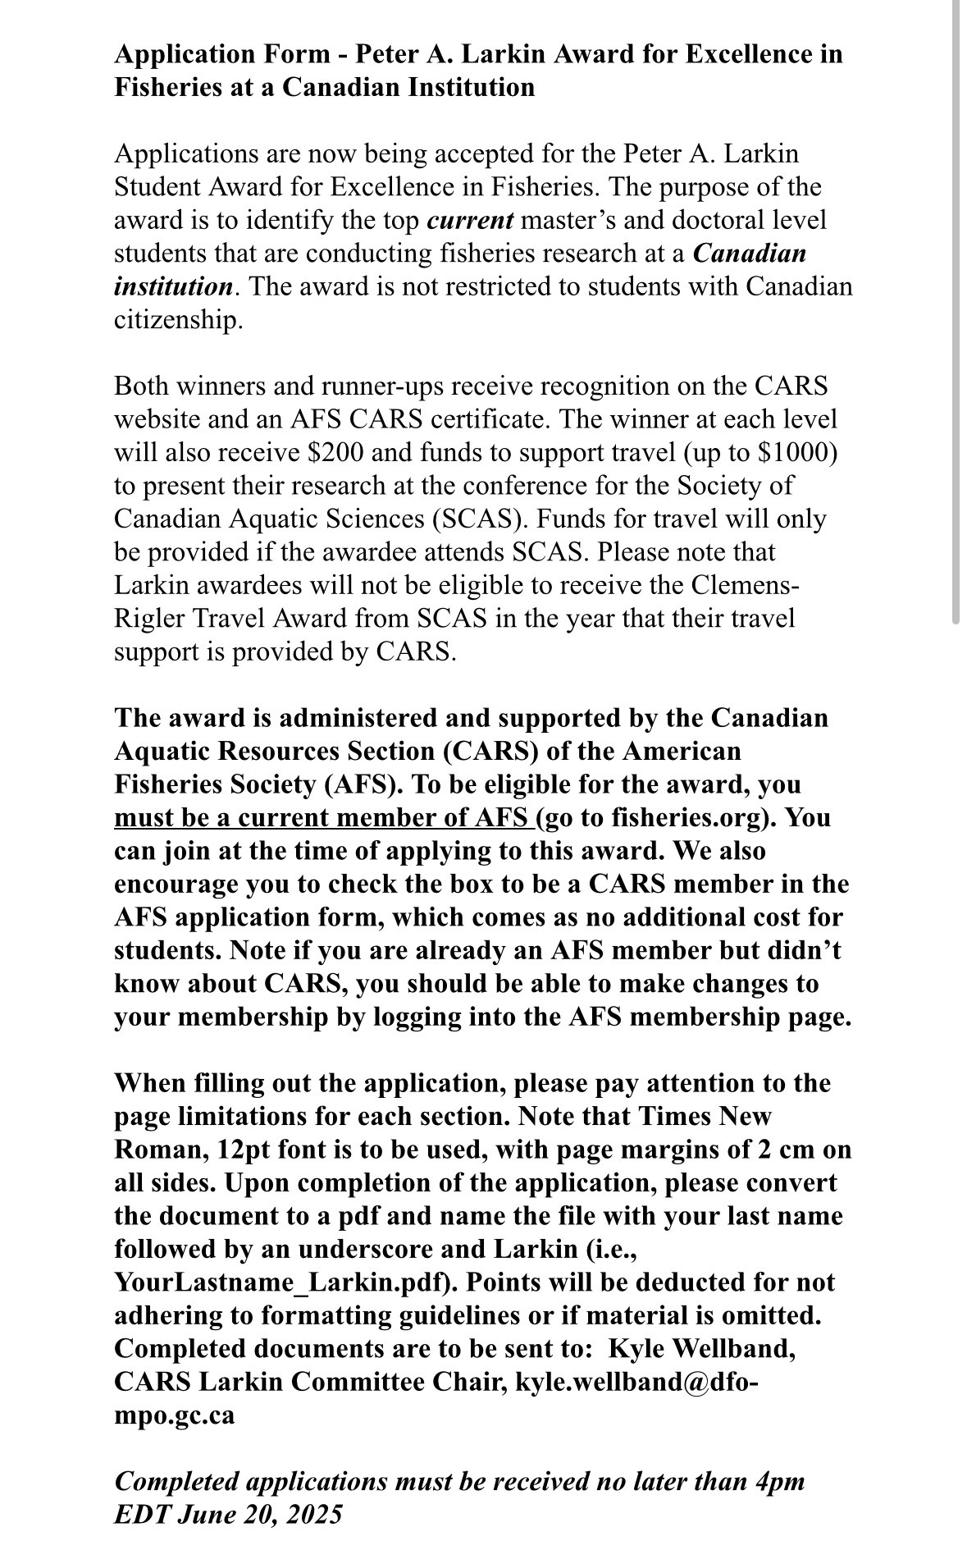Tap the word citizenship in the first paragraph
pyautogui.click(x=177, y=320)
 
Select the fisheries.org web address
pyautogui.click(x=673, y=818)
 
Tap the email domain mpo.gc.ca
pyautogui.click(x=174, y=1415)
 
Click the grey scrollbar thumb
pyautogui.click(x=956, y=312)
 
